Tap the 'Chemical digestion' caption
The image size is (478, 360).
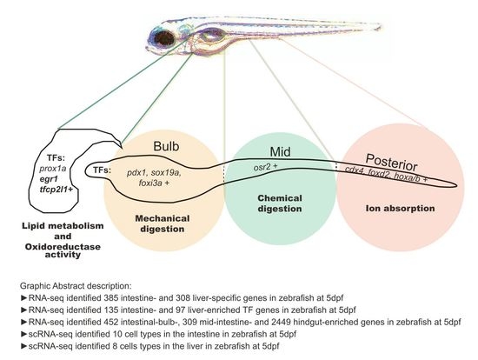tap(274, 203)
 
